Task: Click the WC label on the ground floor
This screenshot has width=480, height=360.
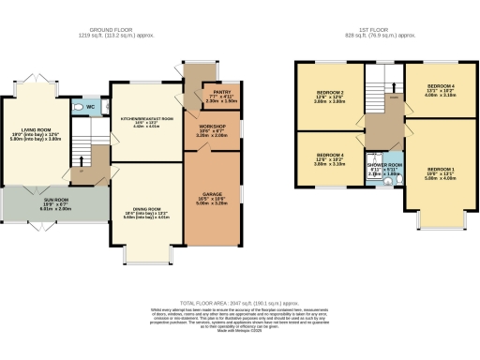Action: click(90, 106)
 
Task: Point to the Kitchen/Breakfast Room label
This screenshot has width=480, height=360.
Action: click(147, 121)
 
